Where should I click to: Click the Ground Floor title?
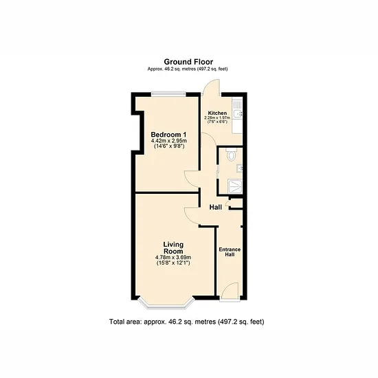click(188, 62)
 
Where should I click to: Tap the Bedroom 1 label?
click(168, 135)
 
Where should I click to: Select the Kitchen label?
click(217, 113)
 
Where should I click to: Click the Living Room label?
click(173, 247)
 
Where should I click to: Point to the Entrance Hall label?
click(230, 252)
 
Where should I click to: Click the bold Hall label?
click(216, 207)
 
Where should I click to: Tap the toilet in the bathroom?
click(232, 155)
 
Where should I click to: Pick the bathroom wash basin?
click(240, 168)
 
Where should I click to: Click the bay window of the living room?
click(166, 304)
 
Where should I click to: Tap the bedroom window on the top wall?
click(168, 94)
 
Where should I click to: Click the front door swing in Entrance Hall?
click(230, 291)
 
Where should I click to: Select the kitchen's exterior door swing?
click(211, 87)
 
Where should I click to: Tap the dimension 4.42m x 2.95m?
click(169, 141)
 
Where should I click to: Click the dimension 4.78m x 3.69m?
click(173, 258)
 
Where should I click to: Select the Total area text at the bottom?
click(186, 322)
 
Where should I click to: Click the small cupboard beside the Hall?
click(236, 203)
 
